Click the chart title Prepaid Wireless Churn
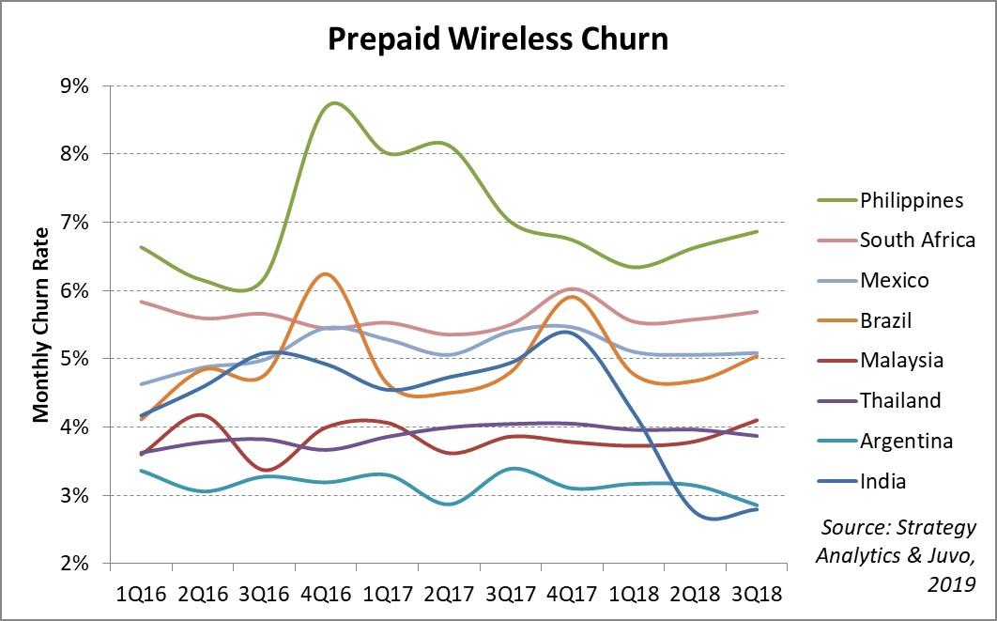(498, 39)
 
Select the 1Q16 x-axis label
(141, 595)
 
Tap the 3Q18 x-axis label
(756, 595)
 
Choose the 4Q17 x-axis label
(572, 595)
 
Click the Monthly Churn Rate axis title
(41, 324)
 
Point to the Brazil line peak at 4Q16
(324, 273)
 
